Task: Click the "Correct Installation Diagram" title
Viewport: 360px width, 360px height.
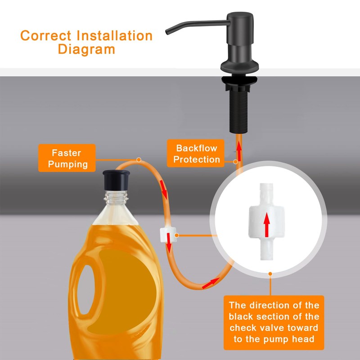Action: [x=86, y=42]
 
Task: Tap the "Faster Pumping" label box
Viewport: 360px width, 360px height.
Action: [x=67, y=158]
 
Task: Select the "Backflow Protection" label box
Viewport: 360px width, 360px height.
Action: [x=196, y=153]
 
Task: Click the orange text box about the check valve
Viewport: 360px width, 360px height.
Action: [x=274, y=322]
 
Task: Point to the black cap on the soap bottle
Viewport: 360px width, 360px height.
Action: [x=116, y=180]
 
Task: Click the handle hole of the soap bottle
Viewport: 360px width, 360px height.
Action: [x=85, y=289]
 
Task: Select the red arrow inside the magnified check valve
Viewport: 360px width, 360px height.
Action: [x=266, y=225]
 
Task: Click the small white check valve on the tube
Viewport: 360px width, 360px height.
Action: [x=168, y=234]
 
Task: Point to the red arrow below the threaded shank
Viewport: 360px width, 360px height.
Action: [x=239, y=151]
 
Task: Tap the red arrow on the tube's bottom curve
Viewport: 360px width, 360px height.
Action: [x=211, y=283]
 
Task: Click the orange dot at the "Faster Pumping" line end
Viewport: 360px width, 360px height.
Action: [x=139, y=160]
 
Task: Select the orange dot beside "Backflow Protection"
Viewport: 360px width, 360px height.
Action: [x=235, y=162]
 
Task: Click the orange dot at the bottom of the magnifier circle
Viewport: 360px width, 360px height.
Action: [x=270, y=274]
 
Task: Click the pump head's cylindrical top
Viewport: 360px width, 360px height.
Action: [x=240, y=28]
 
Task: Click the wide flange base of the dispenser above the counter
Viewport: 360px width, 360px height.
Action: [x=239, y=66]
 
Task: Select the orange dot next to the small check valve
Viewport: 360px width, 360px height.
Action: [x=176, y=235]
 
